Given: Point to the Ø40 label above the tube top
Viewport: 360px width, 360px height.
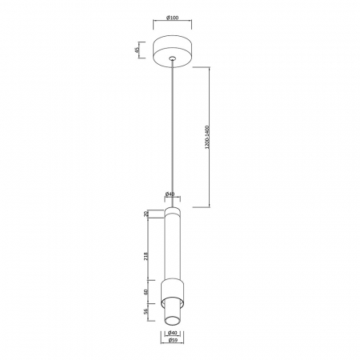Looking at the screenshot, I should pyautogui.click(x=170, y=194).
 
